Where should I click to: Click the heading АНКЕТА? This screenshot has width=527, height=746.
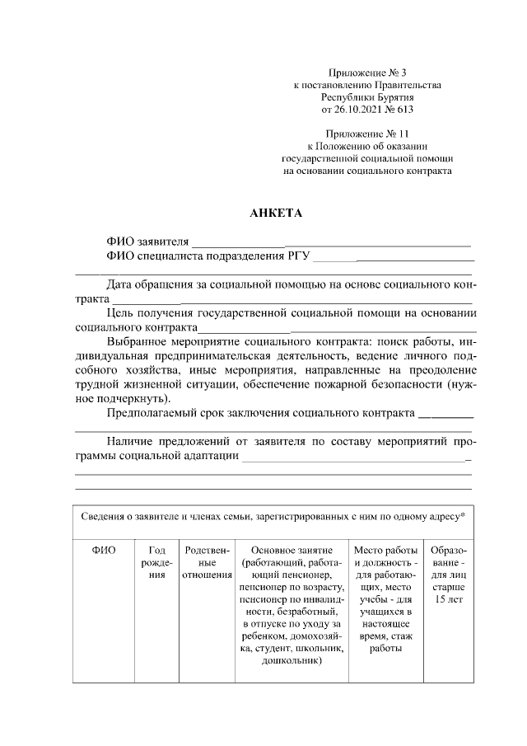tap(276, 213)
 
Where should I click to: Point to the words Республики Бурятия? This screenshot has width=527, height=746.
tap(367, 96)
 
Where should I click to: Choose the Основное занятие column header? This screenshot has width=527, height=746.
tap(291, 550)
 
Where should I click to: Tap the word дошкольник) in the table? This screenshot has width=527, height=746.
tap(291, 661)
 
